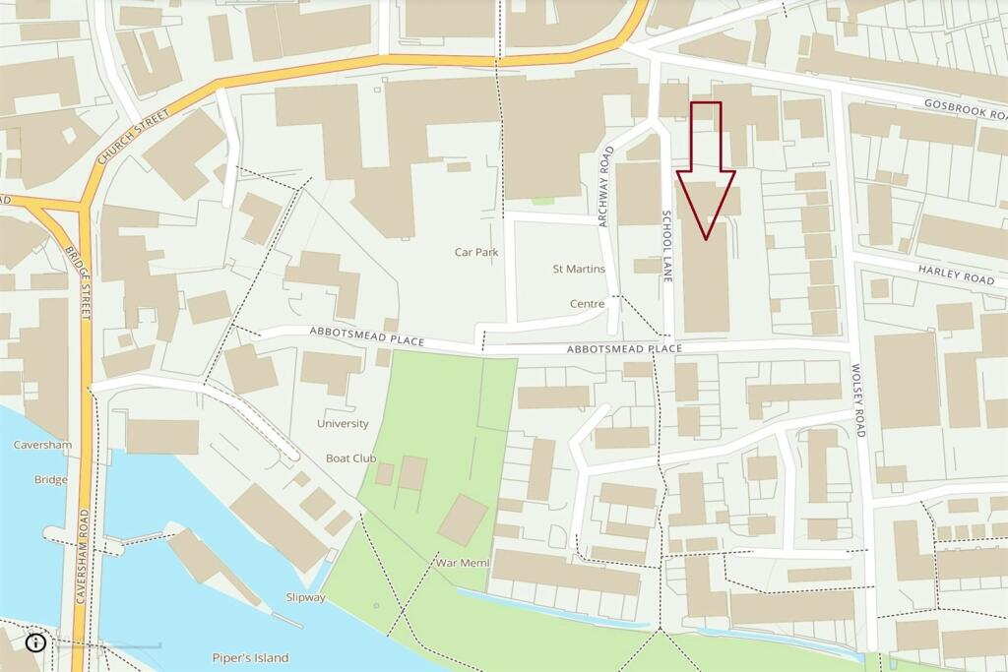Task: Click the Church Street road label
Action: (x=134, y=137)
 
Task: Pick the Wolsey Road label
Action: (x=859, y=400)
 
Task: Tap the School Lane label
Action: (x=666, y=247)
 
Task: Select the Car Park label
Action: (x=476, y=252)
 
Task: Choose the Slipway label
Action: (x=304, y=597)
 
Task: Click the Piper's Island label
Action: (x=250, y=657)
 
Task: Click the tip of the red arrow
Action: (x=706, y=238)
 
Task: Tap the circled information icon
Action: (x=36, y=642)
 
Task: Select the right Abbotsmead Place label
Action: (x=624, y=349)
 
